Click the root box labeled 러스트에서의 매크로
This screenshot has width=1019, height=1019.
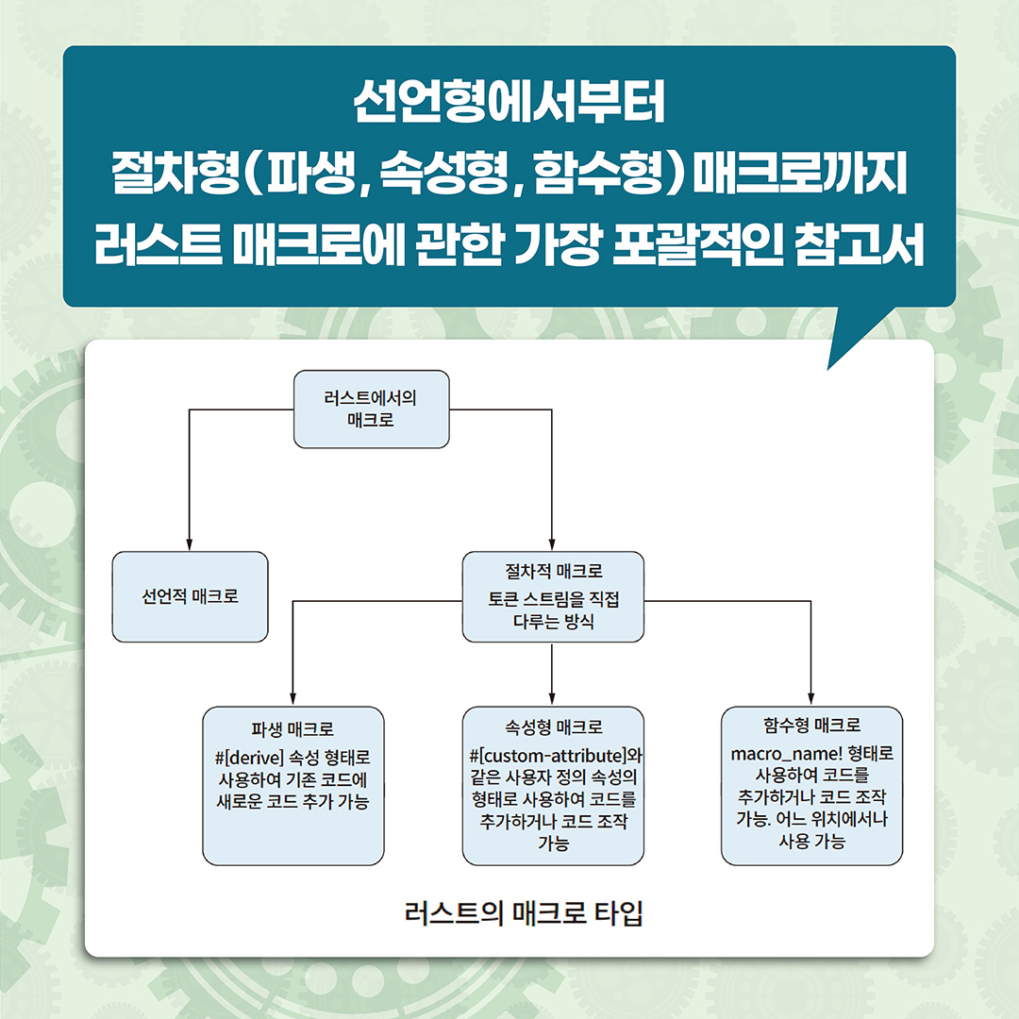click(x=371, y=409)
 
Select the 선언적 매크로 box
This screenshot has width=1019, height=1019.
click(x=190, y=597)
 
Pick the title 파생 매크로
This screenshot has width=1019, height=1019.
click(x=292, y=729)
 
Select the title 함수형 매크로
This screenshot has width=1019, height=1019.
click(x=811, y=727)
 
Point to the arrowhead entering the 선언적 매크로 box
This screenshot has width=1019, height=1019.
click(x=190, y=544)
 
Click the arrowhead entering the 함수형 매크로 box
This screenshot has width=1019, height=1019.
click(x=811, y=700)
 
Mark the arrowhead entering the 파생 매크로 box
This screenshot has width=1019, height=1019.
click(x=292, y=700)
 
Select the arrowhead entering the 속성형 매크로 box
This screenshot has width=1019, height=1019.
click(x=552, y=700)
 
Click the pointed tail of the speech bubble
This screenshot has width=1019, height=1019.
click(x=836, y=357)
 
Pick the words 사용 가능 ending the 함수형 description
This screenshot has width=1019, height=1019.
click(x=811, y=842)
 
